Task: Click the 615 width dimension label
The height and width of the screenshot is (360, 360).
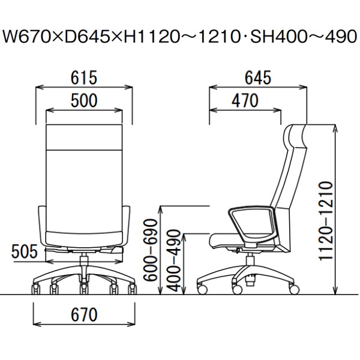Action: pyautogui.click(x=84, y=77)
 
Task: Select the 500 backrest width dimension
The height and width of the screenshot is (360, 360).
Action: pyautogui.click(x=84, y=101)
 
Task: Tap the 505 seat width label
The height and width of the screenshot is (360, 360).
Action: pyautogui.click(x=25, y=251)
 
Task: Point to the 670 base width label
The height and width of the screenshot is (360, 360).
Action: pyautogui.click(x=84, y=314)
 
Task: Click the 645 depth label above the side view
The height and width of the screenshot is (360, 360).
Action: pyautogui.click(x=258, y=77)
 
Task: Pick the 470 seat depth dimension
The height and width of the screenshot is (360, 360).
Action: pyautogui.click(x=245, y=101)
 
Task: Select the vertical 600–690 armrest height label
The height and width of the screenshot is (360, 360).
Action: pyautogui.click(x=151, y=250)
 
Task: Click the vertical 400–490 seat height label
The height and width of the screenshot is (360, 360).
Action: pyautogui.click(x=173, y=260)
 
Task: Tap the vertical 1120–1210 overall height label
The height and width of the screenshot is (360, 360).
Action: pyautogui.click(x=326, y=221)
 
